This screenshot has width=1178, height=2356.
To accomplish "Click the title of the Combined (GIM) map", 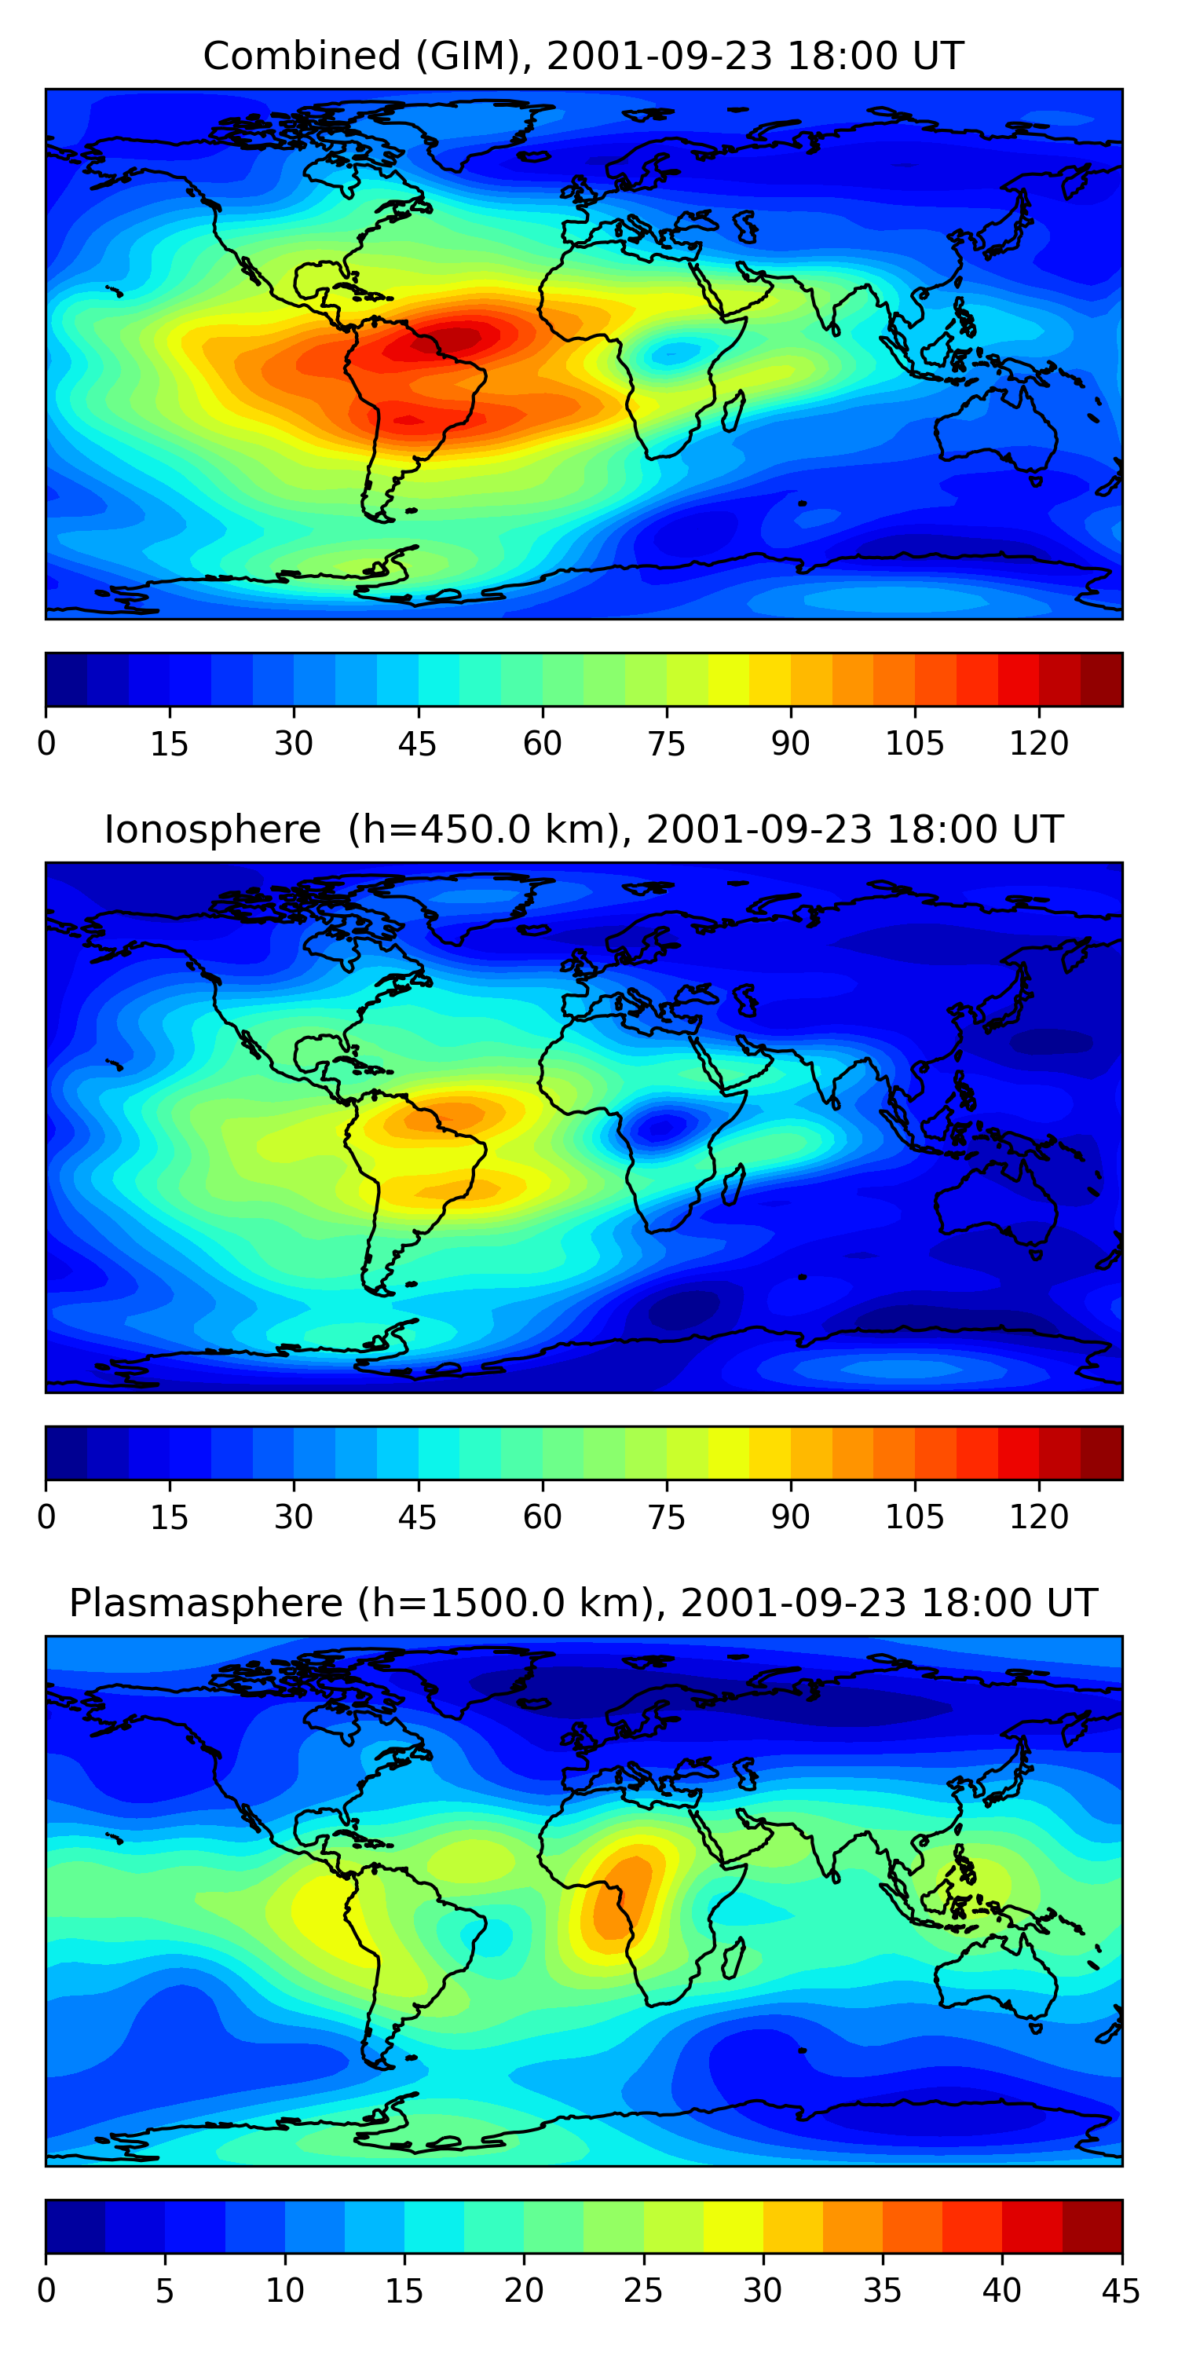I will click(x=584, y=57).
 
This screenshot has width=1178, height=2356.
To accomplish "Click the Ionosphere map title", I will click(x=584, y=830).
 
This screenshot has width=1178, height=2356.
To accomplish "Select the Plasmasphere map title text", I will click(x=584, y=1604).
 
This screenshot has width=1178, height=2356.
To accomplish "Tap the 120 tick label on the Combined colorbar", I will click(x=1039, y=744).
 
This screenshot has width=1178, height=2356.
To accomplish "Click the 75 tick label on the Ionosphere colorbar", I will click(x=667, y=1517).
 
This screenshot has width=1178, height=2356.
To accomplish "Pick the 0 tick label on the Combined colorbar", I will click(x=46, y=744).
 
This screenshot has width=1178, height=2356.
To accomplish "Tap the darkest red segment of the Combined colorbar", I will click(x=1101, y=679).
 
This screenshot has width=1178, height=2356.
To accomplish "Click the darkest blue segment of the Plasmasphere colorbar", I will click(x=75, y=2226).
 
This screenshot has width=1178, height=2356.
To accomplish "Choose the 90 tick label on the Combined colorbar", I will click(x=790, y=744).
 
